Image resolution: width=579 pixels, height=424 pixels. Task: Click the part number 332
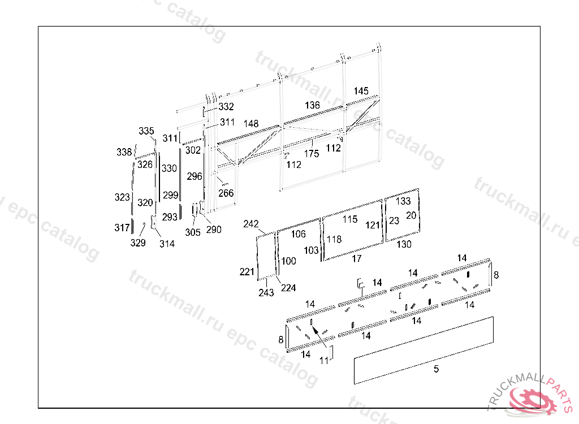click(x=226, y=107)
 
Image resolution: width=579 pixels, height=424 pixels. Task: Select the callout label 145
click(x=361, y=91)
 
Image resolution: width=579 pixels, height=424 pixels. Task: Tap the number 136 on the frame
click(x=312, y=105)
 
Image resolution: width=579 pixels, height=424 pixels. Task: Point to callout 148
click(x=251, y=123)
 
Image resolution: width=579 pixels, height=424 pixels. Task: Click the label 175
click(x=312, y=153)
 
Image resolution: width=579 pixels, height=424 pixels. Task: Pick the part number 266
click(x=226, y=193)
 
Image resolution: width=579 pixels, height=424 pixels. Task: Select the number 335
click(x=146, y=131)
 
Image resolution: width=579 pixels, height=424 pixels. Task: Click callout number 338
click(x=124, y=152)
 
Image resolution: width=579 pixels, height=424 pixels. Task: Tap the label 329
click(x=138, y=243)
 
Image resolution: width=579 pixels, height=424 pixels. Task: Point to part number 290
click(x=214, y=230)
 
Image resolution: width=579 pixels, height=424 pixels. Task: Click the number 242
click(x=251, y=224)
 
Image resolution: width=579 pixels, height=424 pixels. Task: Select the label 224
click(x=288, y=288)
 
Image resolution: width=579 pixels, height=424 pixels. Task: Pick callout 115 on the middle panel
click(x=350, y=219)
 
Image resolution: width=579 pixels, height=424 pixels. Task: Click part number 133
click(x=403, y=201)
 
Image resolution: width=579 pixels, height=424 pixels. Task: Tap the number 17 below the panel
click(x=356, y=258)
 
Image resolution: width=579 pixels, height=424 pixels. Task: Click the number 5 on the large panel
click(x=436, y=369)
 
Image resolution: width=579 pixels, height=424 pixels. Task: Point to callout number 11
click(x=325, y=360)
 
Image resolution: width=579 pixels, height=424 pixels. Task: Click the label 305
click(x=193, y=232)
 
